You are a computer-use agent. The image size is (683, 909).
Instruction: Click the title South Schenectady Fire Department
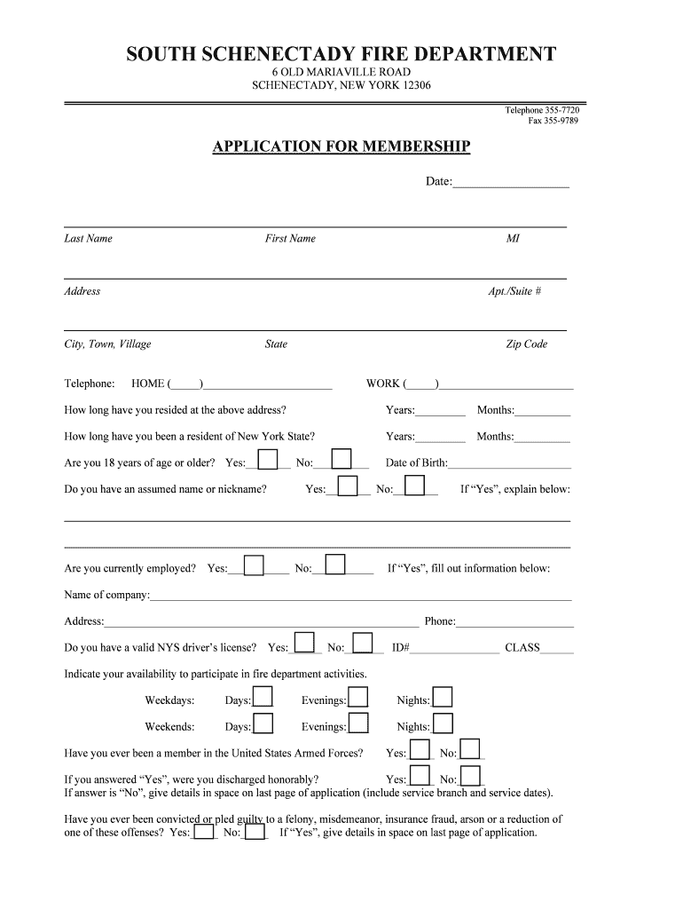click(341, 55)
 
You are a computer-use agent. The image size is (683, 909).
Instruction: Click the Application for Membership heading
click(341, 146)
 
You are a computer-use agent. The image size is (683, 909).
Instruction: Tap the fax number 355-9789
click(553, 121)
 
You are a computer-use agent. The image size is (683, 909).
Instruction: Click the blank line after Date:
click(511, 182)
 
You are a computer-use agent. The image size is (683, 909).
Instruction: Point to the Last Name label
click(89, 238)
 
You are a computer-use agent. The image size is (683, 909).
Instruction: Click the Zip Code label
click(527, 344)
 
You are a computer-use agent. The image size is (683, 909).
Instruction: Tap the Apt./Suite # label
click(514, 291)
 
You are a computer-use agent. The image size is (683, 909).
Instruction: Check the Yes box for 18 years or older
click(268, 459)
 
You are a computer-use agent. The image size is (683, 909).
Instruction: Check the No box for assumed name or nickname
click(415, 486)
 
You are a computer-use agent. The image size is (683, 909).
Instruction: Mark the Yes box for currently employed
click(254, 565)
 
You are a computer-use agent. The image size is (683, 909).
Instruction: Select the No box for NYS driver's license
click(363, 644)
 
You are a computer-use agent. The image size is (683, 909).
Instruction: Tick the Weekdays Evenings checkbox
click(357, 697)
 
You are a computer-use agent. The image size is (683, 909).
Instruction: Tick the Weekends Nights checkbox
click(443, 723)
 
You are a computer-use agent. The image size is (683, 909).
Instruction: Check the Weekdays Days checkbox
click(263, 697)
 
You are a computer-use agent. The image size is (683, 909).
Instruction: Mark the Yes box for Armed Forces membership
click(420, 750)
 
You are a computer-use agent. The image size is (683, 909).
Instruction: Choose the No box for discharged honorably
click(471, 777)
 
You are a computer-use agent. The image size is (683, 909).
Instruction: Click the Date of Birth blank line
click(510, 463)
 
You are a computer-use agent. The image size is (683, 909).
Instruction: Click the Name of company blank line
click(361, 595)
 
